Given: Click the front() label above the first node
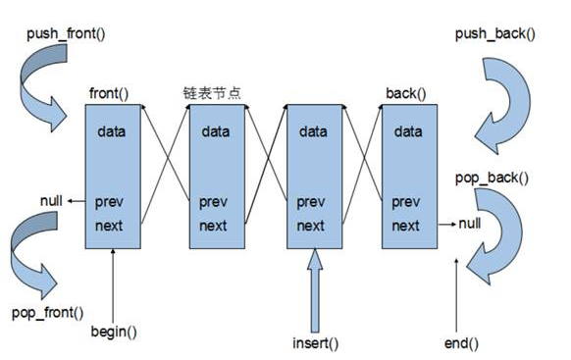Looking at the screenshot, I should point(110,94).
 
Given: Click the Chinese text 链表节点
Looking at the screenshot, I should point(212,94).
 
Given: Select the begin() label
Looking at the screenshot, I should point(115,331).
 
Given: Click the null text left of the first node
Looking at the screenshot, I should point(51,201).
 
